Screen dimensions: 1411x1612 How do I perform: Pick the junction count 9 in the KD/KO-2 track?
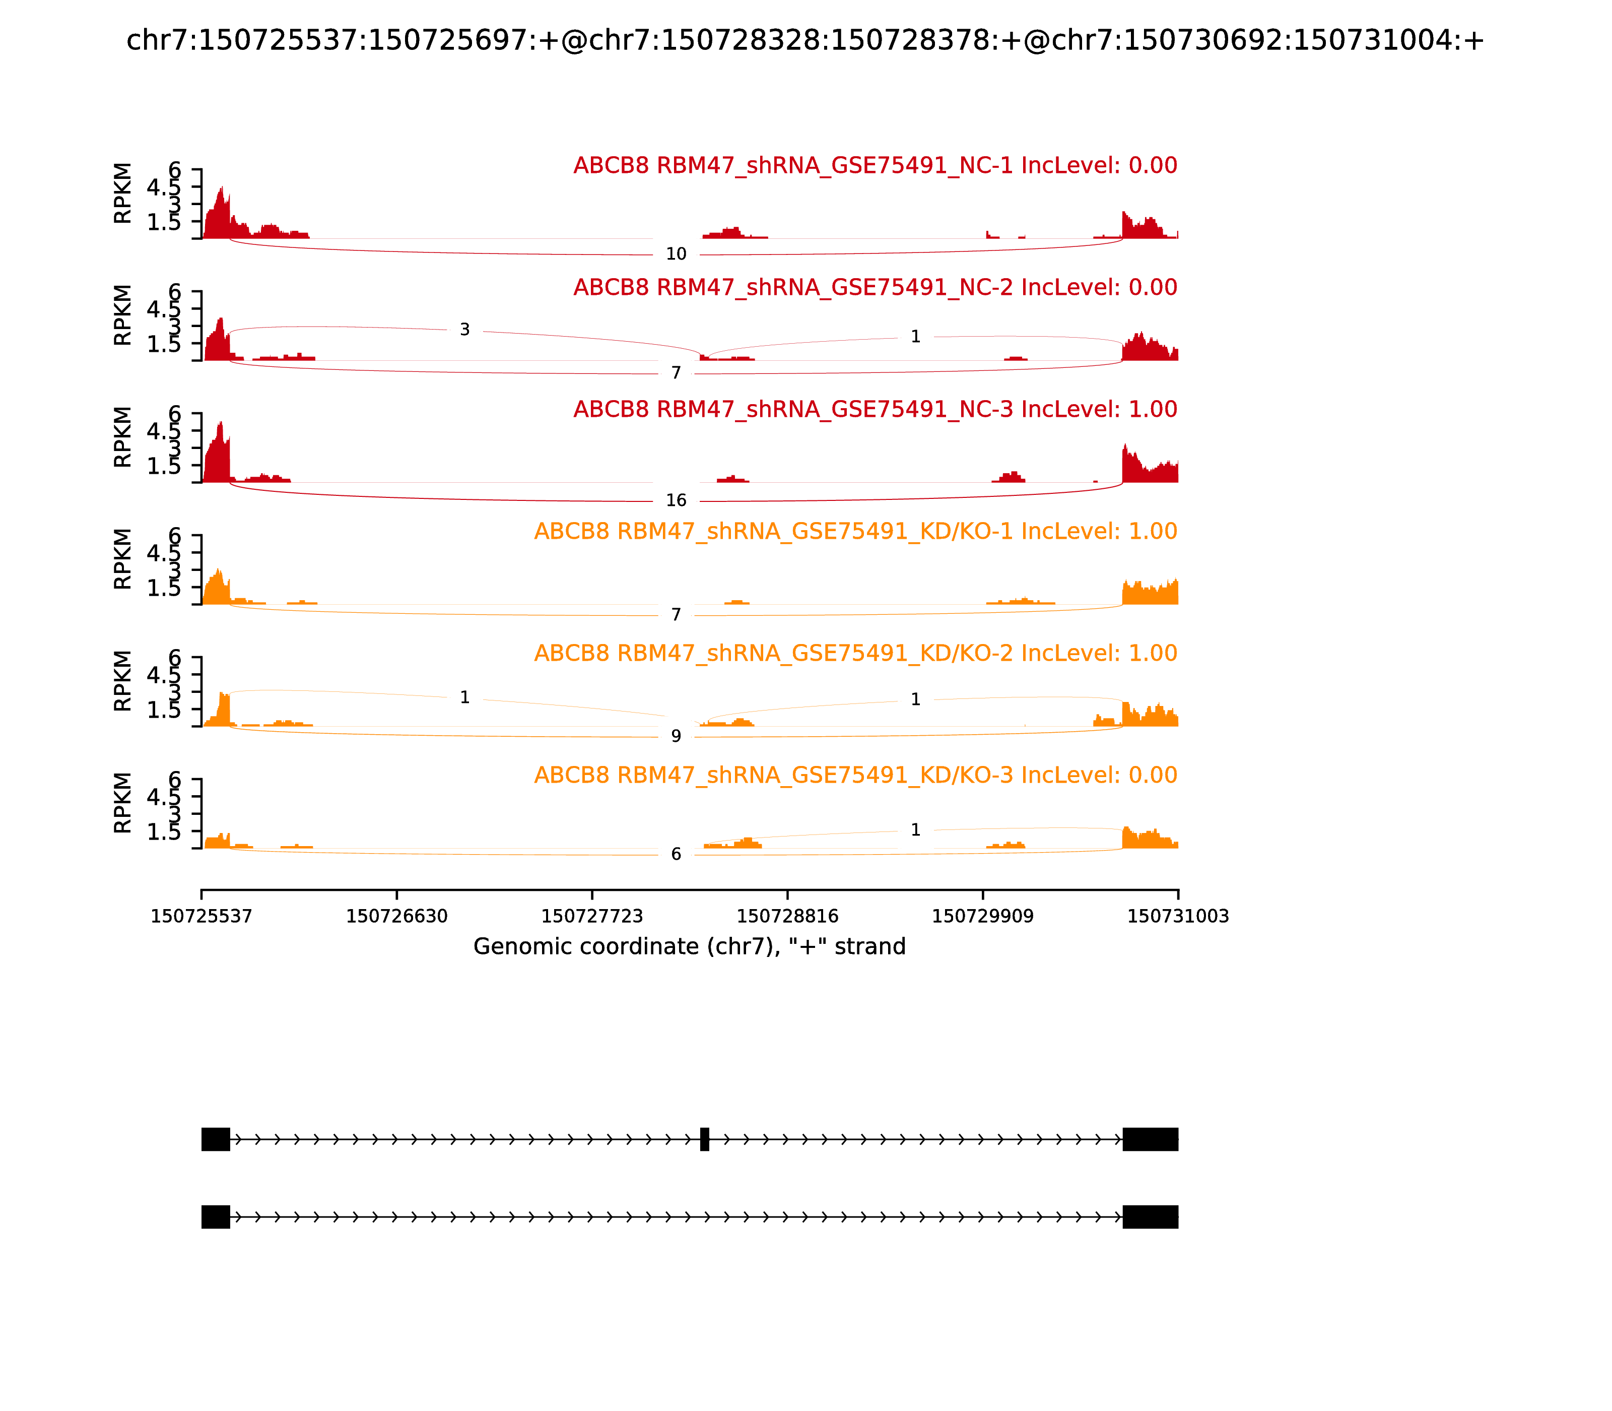pos(676,736)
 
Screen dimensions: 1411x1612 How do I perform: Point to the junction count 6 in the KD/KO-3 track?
pos(676,854)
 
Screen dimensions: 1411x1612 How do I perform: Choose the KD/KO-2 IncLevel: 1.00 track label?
pos(855,654)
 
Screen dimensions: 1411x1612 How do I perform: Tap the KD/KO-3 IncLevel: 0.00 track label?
pos(855,776)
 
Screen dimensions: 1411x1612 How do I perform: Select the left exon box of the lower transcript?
pos(216,1216)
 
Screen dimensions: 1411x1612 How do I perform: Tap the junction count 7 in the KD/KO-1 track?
pos(676,615)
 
